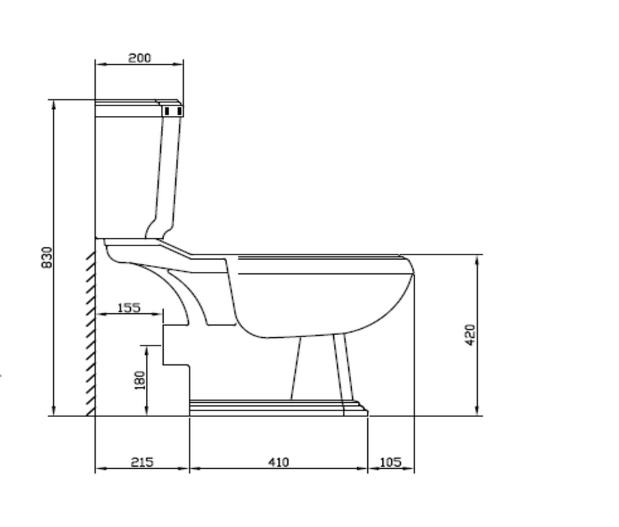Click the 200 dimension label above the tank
[x=140, y=58]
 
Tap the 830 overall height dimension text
[x=47, y=257]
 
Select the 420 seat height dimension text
[x=470, y=335]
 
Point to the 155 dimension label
[x=129, y=307]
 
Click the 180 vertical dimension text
[x=140, y=380]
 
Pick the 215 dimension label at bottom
[x=142, y=462]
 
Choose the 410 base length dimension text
[x=279, y=462]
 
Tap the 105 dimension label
[x=390, y=462]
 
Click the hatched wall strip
[x=90, y=333]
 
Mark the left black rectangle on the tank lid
[x=167, y=111]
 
